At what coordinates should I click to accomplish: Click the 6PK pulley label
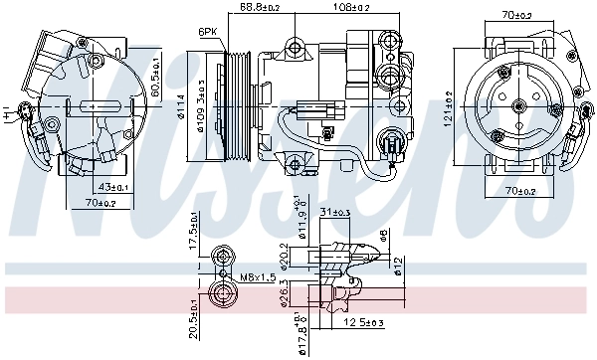pos(208,32)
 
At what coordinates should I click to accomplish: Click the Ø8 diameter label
pos(383,237)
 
